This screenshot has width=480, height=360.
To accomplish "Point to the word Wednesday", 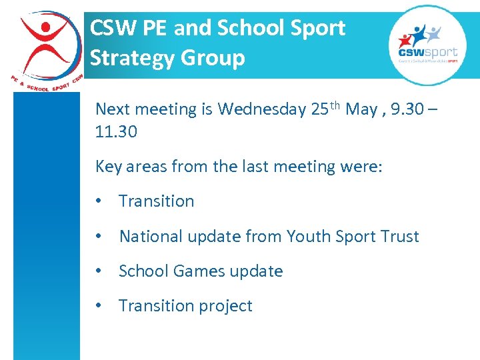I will point(262,110).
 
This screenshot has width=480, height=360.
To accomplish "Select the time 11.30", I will point(117,132).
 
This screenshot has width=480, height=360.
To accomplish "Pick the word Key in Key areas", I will point(108,167).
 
